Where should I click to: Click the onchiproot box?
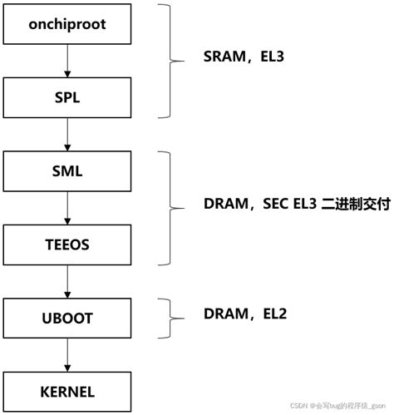point(67,24)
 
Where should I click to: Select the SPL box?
point(67,98)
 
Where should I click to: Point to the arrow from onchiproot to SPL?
point(67,62)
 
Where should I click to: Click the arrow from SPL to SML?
point(67,135)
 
